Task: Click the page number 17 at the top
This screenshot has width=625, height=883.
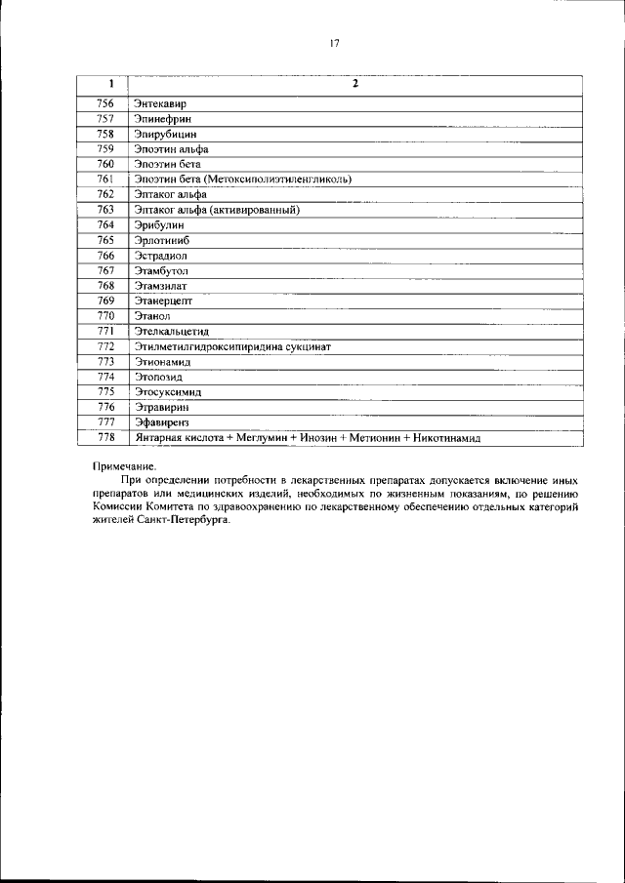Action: (334, 44)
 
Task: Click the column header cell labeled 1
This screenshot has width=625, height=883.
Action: (105, 85)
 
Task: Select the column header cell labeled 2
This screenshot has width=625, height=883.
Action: (355, 85)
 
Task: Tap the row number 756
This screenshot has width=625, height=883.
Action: (105, 103)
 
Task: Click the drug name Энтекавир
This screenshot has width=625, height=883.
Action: (159, 103)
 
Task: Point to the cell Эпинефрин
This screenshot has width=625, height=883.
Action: (160, 119)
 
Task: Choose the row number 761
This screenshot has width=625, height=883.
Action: (105, 180)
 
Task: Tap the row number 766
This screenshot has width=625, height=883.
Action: (105, 256)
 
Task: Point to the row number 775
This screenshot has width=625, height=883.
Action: (105, 392)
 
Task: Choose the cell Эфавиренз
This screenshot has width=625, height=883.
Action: (161, 422)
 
